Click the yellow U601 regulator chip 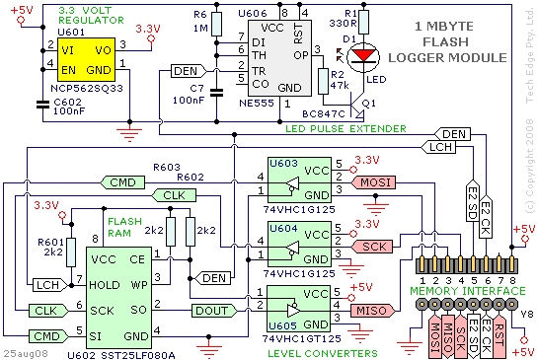click(x=86, y=59)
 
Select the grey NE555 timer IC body click(x=279, y=58)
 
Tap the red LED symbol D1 click(x=363, y=56)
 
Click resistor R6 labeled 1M click(x=216, y=25)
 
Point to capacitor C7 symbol click(x=216, y=93)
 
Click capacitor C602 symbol click(x=42, y=105)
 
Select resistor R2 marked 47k click(x=324, y=81)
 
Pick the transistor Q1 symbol click(x=357, y=106)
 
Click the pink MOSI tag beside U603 click(x=373, y=182)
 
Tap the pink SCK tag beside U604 click(x=372, y=247)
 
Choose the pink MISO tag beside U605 click(x=373, y=311)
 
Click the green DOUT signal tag click(x=214, y=311)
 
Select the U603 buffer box click(x=299, y=180)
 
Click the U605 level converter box click(x=299, y=309)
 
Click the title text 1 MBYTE click(x=444, y=27)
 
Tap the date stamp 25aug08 click(x=26, y=353)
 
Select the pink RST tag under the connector click(x=499, y=336)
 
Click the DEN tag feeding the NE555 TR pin click(x=189, y=71)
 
